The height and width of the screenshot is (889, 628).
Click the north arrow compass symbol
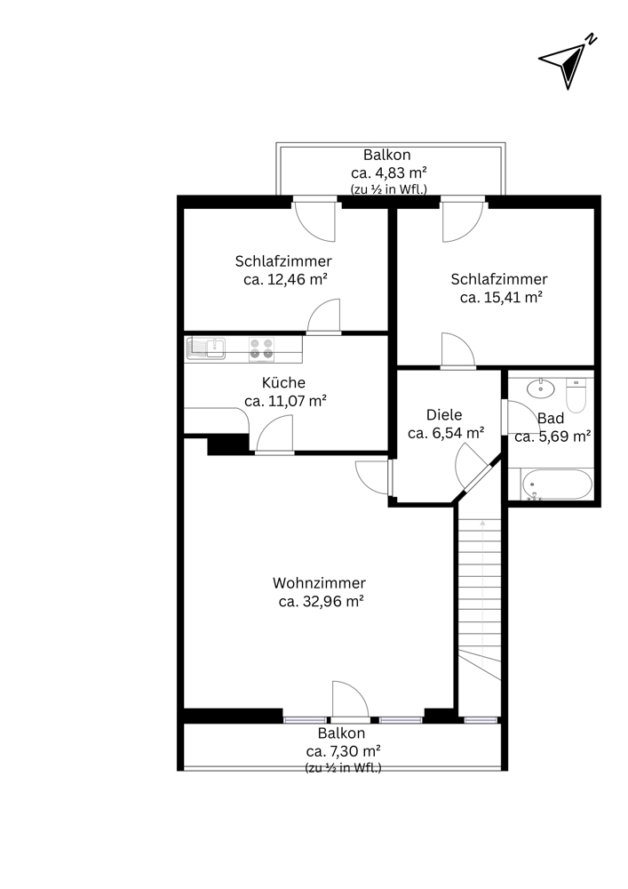coord(567,62)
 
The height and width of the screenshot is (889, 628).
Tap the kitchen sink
coord(206,348)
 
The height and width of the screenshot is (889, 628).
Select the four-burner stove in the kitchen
coord(262,348)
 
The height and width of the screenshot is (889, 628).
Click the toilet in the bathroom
coord(576,396)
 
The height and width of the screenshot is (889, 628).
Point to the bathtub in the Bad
coord(557,485)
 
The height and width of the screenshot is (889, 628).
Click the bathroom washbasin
coord(541,388)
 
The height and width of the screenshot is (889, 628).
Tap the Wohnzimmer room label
coord(320,583)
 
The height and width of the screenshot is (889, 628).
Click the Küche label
coord(283,382)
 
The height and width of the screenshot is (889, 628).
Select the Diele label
coord(444,414)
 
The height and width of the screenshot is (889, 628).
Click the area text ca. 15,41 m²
coord(501,297)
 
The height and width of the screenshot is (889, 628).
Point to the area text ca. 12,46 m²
coord(285,279)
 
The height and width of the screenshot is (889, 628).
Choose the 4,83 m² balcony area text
coord(388,172)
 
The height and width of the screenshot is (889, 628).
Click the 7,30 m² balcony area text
coord(343,751)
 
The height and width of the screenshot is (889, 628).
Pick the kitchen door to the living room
coord(275,435)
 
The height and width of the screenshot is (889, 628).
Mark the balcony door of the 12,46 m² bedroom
coord(315,219)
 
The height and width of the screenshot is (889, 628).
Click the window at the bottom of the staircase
coord(481,720)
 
